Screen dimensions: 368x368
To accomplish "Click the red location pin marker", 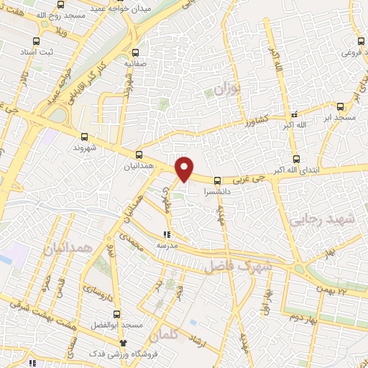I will click(185, 167).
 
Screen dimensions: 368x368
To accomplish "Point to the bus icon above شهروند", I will click(85, 136).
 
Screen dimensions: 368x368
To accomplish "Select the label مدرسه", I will click(167, 245).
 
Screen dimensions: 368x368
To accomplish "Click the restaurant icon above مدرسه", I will click(167, 234).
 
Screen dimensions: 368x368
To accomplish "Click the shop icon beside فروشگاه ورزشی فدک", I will click(124, 343).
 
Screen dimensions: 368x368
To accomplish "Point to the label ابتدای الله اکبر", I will click(295, 170).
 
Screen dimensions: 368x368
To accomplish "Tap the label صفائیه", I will click(135, 63).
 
